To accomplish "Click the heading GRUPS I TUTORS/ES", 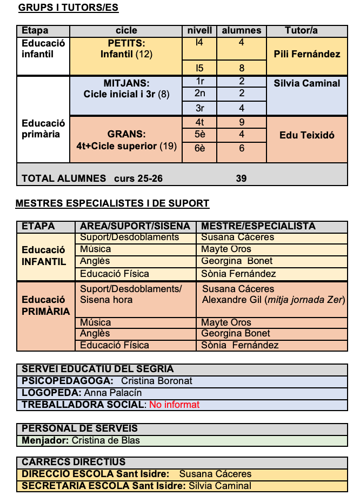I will [68, 8].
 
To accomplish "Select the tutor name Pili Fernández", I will [307, 54].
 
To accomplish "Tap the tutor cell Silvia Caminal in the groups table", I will [307, 83].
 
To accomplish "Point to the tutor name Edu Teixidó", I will [307, 135].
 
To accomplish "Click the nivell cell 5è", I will [200, 135].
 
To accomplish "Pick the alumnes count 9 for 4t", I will [242, 123].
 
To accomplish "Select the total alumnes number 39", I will [241, 179].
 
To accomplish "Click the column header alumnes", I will [242, 31].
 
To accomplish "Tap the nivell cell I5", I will [199, 68].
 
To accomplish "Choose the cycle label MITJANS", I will [126, 83].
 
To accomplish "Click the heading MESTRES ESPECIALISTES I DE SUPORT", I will [112, 204].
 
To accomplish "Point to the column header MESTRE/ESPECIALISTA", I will [258, 226].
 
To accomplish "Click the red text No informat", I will [174, 405].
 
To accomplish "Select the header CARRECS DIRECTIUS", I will [74, 462].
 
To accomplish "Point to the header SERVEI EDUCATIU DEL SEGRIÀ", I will [98, 369].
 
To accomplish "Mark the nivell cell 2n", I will [200, 93].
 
